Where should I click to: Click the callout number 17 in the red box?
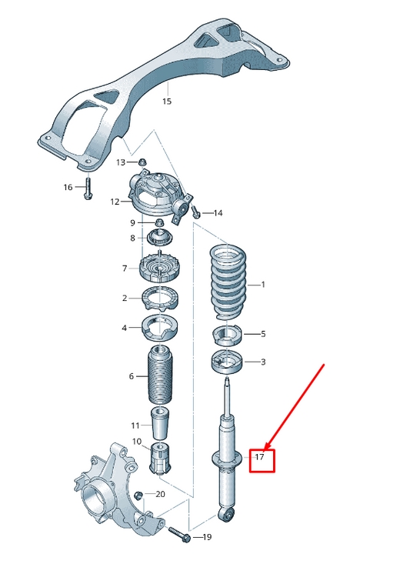tap(260, 458)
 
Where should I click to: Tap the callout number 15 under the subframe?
tap(167, 101)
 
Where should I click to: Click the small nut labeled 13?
tap(142, 162)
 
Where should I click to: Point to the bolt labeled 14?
tap(196, 211)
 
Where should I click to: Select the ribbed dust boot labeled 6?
tap(159, 377)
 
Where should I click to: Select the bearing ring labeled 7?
tap(159, 269)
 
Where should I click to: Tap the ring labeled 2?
tap(159, 298)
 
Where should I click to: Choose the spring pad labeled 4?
tap(159, 327)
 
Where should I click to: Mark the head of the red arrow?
tap(264, 449)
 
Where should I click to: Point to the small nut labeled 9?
tap(158, 223)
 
